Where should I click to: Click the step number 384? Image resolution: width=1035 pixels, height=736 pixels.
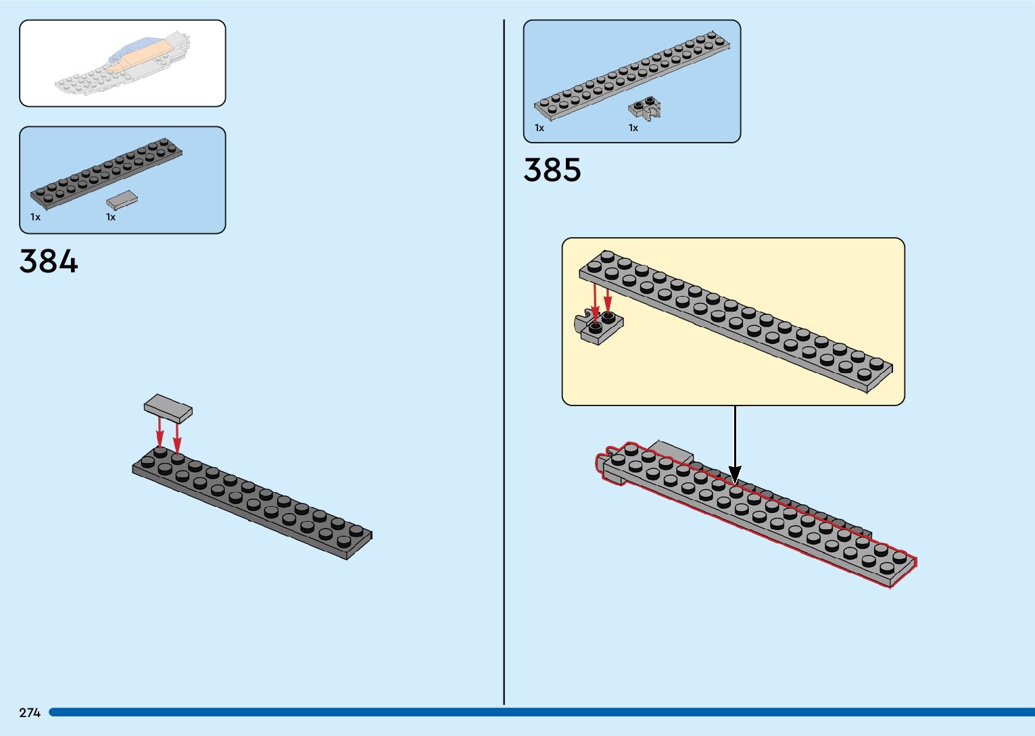click(49, 261)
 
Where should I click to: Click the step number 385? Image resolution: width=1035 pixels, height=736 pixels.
click(552, 170)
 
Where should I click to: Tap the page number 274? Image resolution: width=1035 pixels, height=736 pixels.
click(30, 712)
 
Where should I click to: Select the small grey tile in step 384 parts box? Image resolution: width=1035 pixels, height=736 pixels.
click(122, 199)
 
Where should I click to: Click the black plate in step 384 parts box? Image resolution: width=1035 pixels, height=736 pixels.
click(106, 174)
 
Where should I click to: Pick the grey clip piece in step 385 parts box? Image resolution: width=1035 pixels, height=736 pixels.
click(644, 108)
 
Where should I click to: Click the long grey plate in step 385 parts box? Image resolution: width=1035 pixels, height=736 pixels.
click(632, 75)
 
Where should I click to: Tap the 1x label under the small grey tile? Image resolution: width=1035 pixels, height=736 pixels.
click(111, 217)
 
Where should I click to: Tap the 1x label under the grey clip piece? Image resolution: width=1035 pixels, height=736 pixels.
click(633, 128)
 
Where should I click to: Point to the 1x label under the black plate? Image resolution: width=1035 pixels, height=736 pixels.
click(35, 217)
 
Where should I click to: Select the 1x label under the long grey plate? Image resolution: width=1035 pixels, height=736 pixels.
click(539, 128)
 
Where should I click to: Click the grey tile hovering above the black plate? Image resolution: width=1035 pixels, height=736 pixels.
click(168, 408)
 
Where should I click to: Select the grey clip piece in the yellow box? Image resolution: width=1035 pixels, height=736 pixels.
click(600, 328)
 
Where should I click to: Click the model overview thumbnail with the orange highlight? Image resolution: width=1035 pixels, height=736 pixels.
click(122, 64)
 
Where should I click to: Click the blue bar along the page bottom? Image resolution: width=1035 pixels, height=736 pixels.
click(541, 712)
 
